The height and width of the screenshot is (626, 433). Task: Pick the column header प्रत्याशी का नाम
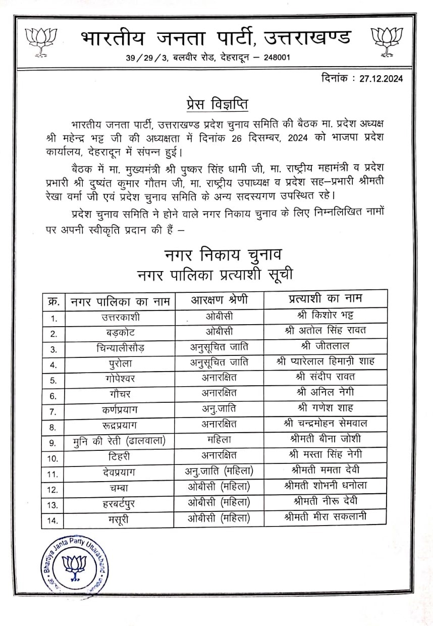pos(324,299)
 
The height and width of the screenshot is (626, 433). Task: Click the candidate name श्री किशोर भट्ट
pos(325,316)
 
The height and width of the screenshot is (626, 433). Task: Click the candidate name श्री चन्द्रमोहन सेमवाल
pos(325,424)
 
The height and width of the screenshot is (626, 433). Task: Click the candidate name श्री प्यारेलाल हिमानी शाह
pos(325,361)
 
